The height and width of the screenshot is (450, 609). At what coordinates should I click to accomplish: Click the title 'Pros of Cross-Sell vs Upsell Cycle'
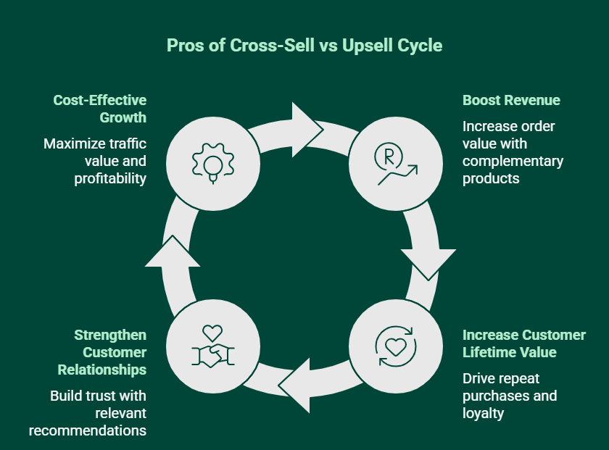[304, 45]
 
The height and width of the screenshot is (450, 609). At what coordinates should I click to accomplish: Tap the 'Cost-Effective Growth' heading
[99, 109]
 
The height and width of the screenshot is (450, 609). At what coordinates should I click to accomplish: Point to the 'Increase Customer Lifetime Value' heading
[524, 343]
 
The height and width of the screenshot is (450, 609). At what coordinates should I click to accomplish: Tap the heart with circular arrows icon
[394, 344]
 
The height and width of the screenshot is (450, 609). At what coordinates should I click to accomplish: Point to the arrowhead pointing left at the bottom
[297, 384]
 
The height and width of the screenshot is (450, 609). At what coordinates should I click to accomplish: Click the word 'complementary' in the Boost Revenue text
[513, 161]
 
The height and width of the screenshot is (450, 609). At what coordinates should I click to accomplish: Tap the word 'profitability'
[110, 178]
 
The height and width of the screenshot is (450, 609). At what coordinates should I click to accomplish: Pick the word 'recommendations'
[88, 430]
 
